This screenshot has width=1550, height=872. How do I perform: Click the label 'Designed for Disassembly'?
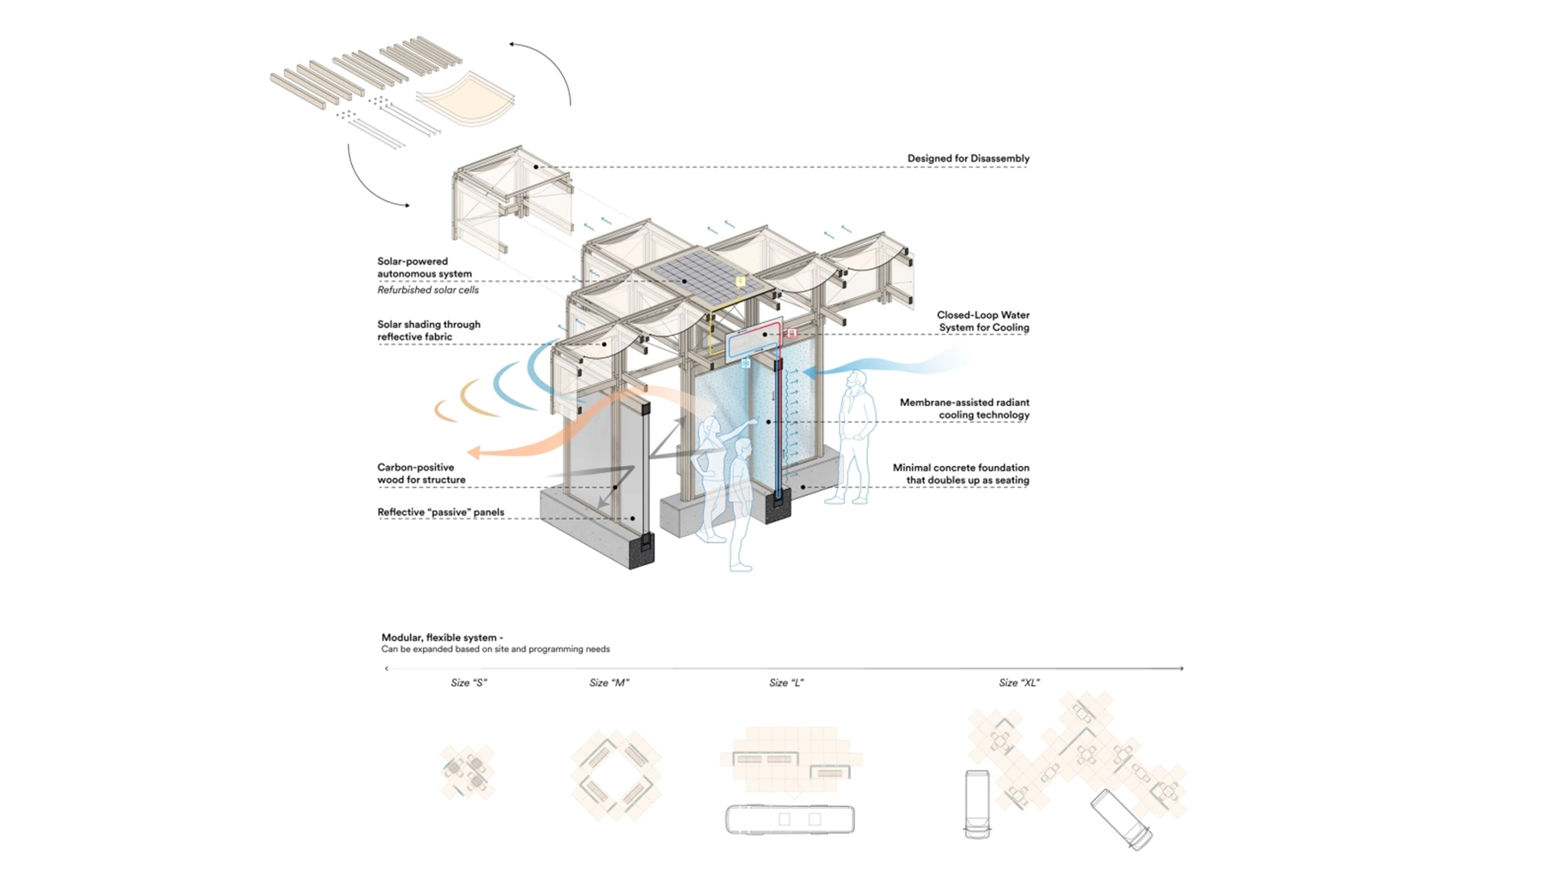coord(968,158)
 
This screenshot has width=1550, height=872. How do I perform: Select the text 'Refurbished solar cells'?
coord(428,290)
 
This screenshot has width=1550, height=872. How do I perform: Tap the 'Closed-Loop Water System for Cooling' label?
coord(983,321)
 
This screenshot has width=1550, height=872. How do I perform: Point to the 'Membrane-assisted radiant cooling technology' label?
coord(965,409)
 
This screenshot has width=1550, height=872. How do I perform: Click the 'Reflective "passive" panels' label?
coord(441,512)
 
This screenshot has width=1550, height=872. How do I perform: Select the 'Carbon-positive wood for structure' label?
coord(421,473)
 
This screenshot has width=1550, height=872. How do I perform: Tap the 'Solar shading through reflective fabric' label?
coord(429,330)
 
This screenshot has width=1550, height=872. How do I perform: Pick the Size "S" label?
coord(469,683)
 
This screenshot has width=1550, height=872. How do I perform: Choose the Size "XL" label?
coord(1019,683)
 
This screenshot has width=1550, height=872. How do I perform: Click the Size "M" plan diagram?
coord(616,776)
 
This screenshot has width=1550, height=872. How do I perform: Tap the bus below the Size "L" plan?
coord(790,819)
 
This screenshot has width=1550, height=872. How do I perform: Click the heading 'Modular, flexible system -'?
coord(442,638)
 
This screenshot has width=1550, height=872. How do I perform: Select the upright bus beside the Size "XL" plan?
coord(977,804)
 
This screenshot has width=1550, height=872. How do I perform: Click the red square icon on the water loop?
coord(792,333)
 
